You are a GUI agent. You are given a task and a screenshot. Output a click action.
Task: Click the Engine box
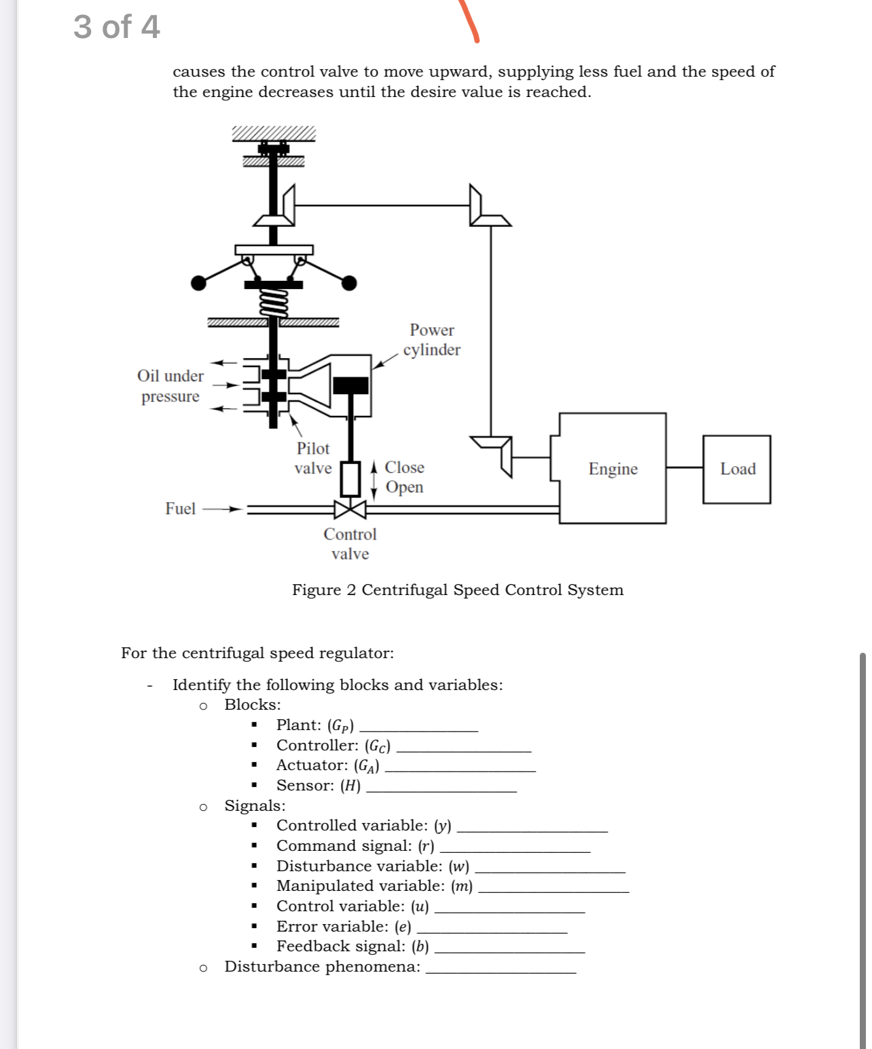click(x=613, y=468)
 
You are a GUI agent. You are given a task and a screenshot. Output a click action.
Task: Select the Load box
click(x=737, y=469)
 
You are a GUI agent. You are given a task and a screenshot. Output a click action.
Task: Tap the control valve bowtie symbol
click(x=350, y=509)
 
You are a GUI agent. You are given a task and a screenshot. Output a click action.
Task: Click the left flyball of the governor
click(x=198, y=283)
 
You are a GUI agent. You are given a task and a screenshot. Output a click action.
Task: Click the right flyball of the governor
click(x=349, y=283)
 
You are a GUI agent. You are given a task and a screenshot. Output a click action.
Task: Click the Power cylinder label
click(x=431, y=339)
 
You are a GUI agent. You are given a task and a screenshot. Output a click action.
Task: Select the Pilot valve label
click(x=313, y=458)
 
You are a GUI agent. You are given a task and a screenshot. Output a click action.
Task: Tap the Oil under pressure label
click(x=170, y=385)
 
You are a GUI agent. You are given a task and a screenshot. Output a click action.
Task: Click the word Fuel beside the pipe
click(x=180, y=508)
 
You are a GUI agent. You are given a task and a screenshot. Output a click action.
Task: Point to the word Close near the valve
click(x=404, y=467)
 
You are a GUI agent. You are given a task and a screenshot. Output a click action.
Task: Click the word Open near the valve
click(x=404, y=487)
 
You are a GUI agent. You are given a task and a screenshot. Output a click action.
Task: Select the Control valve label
click(x=350, y=543)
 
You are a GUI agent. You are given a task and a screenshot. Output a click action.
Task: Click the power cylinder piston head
click(x=350, y=385)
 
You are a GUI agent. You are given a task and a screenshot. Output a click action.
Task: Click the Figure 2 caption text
click(x=457, y=590)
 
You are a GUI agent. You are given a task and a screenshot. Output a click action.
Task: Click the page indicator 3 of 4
click(x=117, y=27)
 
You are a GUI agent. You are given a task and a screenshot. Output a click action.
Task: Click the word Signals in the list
click(x=255, y=805)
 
